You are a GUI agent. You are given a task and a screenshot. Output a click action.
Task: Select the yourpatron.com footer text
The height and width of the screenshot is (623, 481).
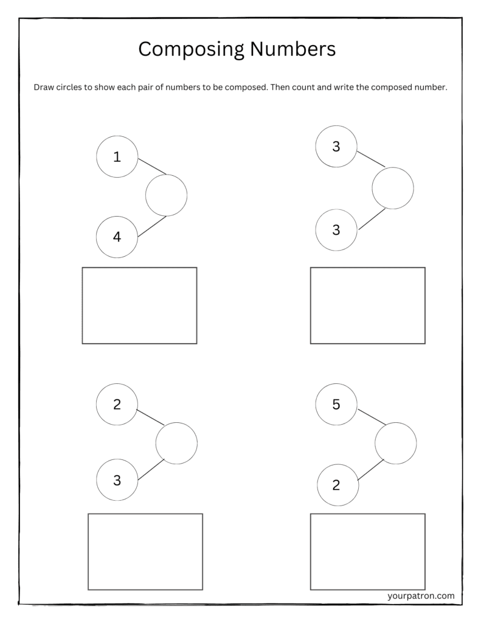(420, 596)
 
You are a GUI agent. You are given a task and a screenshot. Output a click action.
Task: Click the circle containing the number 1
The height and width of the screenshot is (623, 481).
(117, 157)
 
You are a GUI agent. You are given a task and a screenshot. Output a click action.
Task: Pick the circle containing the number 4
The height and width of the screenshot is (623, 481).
(117, 237)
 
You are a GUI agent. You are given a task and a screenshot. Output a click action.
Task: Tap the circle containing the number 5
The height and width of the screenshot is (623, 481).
(336, 405)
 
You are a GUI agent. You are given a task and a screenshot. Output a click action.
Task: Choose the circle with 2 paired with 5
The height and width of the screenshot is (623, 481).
(337, 485)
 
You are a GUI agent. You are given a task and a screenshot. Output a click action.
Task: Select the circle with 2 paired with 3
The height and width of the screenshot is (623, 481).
(117, 404)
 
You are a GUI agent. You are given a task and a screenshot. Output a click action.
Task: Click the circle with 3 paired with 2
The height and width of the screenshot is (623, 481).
(117, 480)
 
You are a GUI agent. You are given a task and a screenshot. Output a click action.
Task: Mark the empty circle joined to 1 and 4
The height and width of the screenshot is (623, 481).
(166, 195)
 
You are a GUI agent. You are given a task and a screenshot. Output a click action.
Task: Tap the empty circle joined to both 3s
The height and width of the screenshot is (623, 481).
(393, 188)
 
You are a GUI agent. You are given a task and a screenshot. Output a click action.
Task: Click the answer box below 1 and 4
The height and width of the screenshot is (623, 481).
(140, 305)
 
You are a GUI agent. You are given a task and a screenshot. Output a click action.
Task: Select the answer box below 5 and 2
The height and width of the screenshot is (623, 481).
(367, 551)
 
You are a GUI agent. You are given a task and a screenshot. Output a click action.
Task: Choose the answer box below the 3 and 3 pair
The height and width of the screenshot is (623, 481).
(367, 305)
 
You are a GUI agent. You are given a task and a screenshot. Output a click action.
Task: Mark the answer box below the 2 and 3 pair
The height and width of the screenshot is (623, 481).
(145, 551)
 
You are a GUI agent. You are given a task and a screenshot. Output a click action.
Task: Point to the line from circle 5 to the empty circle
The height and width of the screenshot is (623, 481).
(372, 417)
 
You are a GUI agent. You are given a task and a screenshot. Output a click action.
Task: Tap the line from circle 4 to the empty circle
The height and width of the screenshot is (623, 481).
(152, 226)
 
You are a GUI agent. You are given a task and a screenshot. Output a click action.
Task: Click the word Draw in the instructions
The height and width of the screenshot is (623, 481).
(44, 87)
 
